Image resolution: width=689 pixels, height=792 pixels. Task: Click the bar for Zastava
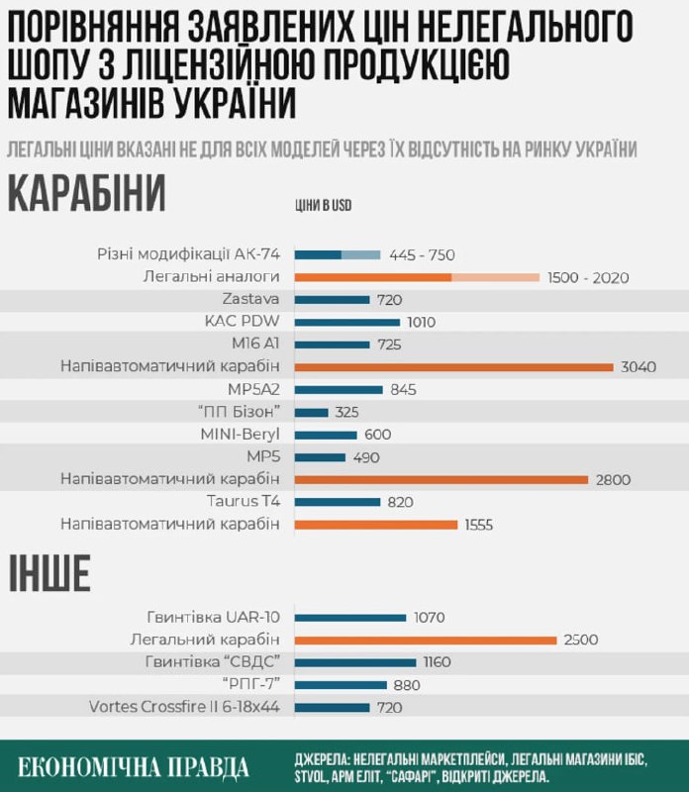332,299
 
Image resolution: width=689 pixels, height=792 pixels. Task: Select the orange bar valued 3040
454,367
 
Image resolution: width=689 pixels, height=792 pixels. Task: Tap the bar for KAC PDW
347,322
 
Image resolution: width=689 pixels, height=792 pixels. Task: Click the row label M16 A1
253,345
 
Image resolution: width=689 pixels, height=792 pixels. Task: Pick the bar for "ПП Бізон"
312,412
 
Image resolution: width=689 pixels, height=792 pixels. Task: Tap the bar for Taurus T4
338,502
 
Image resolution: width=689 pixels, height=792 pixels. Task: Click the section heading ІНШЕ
49,574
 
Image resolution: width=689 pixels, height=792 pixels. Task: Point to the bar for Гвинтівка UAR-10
350,618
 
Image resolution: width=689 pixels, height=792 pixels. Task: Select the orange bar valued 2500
427,641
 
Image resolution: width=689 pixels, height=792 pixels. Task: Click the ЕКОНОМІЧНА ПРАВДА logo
135,766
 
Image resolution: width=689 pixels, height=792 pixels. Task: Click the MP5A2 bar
339,389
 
